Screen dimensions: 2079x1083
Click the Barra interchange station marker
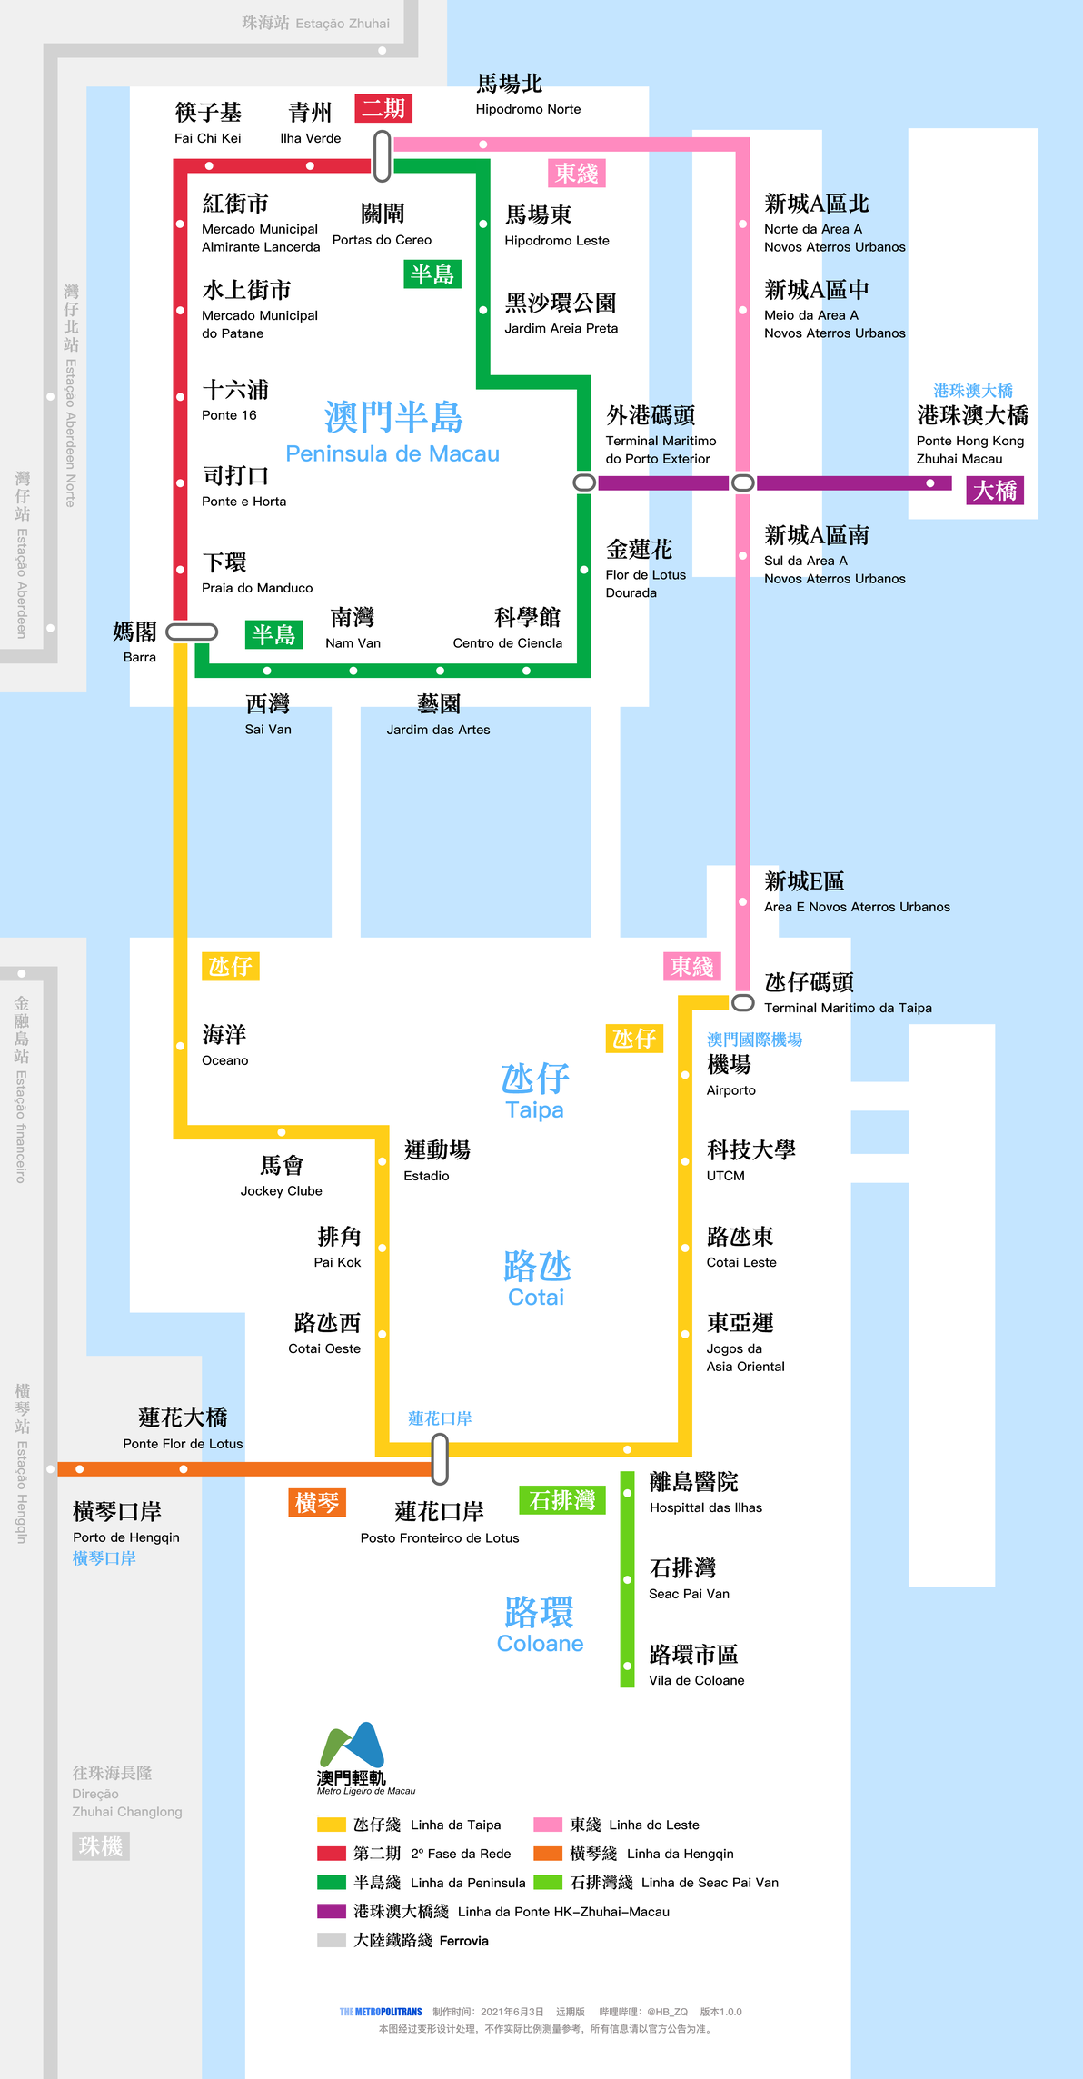(x=192, y=632)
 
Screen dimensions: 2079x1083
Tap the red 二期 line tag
(x=383, y=108)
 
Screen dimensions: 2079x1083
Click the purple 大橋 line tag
(x=995, y=491)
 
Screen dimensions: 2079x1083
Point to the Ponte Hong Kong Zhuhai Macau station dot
(x=930, y=483)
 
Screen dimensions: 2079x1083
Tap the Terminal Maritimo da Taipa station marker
(x=743, y=1002)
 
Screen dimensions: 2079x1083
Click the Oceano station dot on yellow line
(x=180, y=1046)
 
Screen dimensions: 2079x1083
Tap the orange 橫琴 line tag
(x=317, y=1503)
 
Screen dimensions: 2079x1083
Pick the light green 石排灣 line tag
(x=562, y=1500)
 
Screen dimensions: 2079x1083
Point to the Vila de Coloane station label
(x=695, y=1666)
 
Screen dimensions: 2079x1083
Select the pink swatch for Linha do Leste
(x=548, y=1825)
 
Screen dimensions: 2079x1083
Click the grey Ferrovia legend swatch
(x=332, y=1940)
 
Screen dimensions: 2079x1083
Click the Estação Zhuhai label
(x=315, y=23)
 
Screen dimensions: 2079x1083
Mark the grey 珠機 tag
(x=101, y=1845)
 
